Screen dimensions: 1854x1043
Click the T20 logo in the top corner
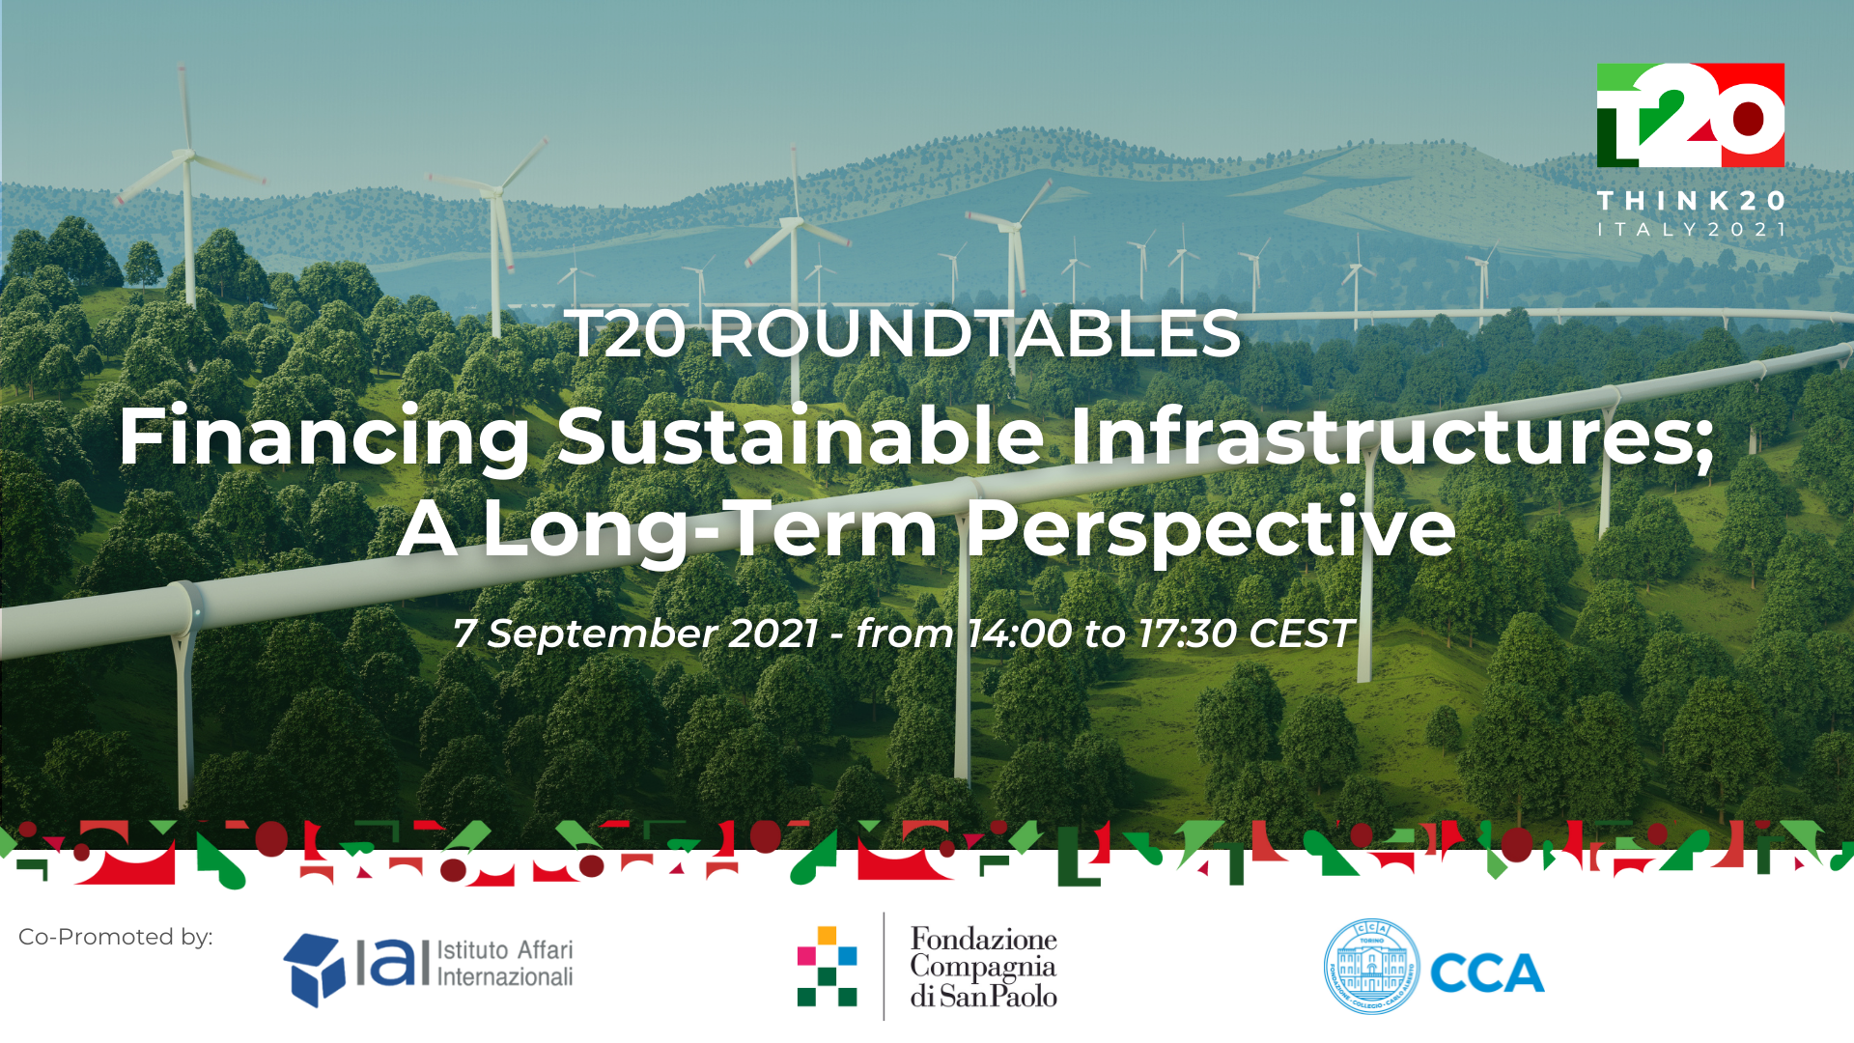(x=1690, y=115)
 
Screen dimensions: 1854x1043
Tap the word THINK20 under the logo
(x=1691, y=201)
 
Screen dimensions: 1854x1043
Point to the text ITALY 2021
(x=1691, y=230)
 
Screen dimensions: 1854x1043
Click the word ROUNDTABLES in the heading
(x=974, y=334)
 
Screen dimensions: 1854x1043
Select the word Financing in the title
(x=324, y=437)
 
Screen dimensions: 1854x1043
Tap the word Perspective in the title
(x=1211, y=529)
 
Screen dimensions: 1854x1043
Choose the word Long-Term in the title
(x=710, y=528)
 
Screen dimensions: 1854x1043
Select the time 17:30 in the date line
(x=1187, y=634)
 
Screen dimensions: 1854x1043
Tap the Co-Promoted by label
(x=116, y=937)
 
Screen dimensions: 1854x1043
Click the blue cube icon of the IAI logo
(x=314, y=970)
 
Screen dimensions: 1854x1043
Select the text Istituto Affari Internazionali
(x=505, y=963)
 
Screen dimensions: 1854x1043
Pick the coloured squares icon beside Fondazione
(x=827, y=966)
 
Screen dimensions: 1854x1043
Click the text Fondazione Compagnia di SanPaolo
(x=983, y=967)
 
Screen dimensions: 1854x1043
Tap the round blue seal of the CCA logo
(x=1371, y=967)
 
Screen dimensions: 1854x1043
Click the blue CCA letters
(x=1487, y=973)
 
